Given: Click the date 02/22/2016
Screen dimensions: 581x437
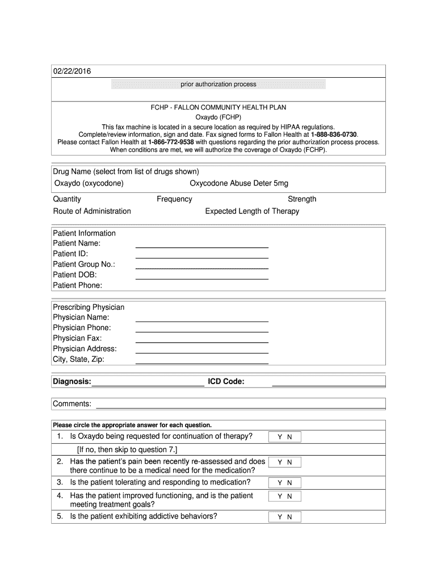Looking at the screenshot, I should pyautogui.click(x=72, y=71).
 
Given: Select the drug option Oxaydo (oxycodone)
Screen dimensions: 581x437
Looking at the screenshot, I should pyautogui.click(x=89, y=183).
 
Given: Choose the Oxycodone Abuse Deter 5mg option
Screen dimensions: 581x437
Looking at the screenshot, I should pyautogui.click(x=238, y=183).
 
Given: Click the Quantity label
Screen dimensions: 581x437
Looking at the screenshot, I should pyautogui.click(x=67, y=199).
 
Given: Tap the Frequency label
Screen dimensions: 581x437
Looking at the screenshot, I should pyautogui.click(x=174, y=199).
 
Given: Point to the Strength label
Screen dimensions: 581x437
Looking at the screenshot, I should pyautogui.click(x=302, y=199).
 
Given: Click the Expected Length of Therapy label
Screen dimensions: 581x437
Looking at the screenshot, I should pyautogui.click(x=252, y=211).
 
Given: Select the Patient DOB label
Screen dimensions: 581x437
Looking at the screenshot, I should pyautogui.click(x=75, y=275).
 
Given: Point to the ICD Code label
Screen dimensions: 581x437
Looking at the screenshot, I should pyautogui.click(x=226, y=381).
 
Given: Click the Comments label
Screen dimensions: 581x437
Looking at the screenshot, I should pyautogui.click(x=72, y=403).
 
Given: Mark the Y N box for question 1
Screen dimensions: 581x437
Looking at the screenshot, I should pyautogui.click(x=285, y=437).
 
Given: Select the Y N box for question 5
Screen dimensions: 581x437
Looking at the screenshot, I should pyautogui.click(x=285, y=517).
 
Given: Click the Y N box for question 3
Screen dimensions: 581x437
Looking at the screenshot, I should pyautogui.click(x=285, y=483).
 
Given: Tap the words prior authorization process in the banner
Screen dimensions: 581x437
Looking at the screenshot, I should pyautogui.click(x=218, y=85).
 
